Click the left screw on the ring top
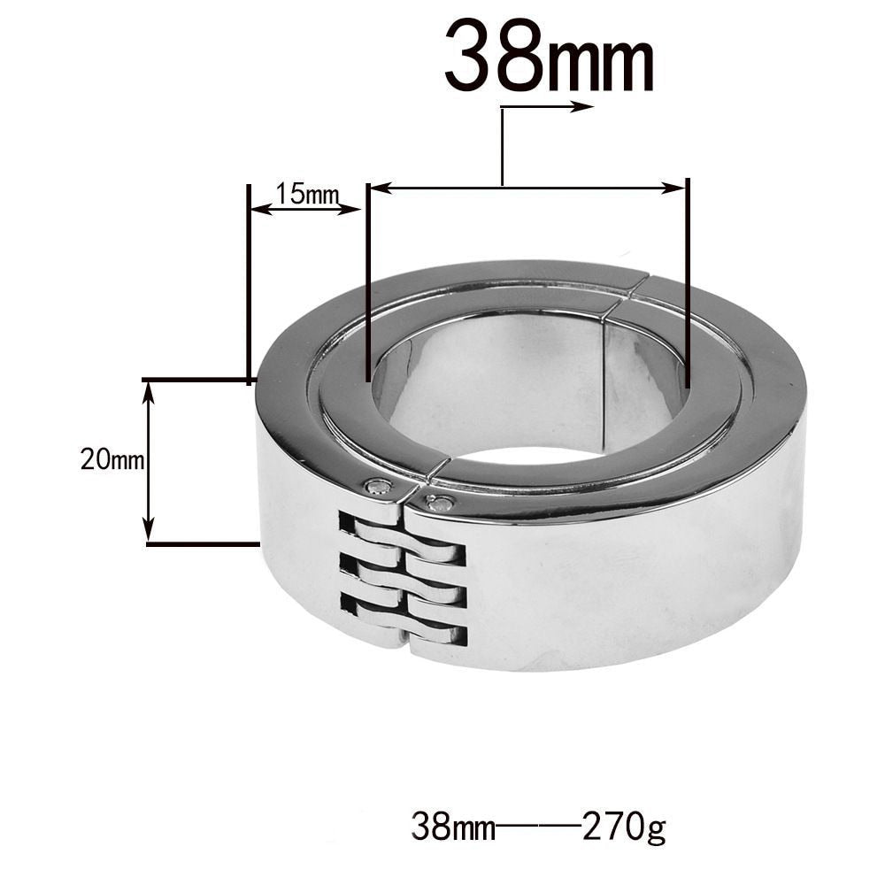(x=379, y=485)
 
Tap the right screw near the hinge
(x=439, y=504)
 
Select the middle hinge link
(x=403, y=581)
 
